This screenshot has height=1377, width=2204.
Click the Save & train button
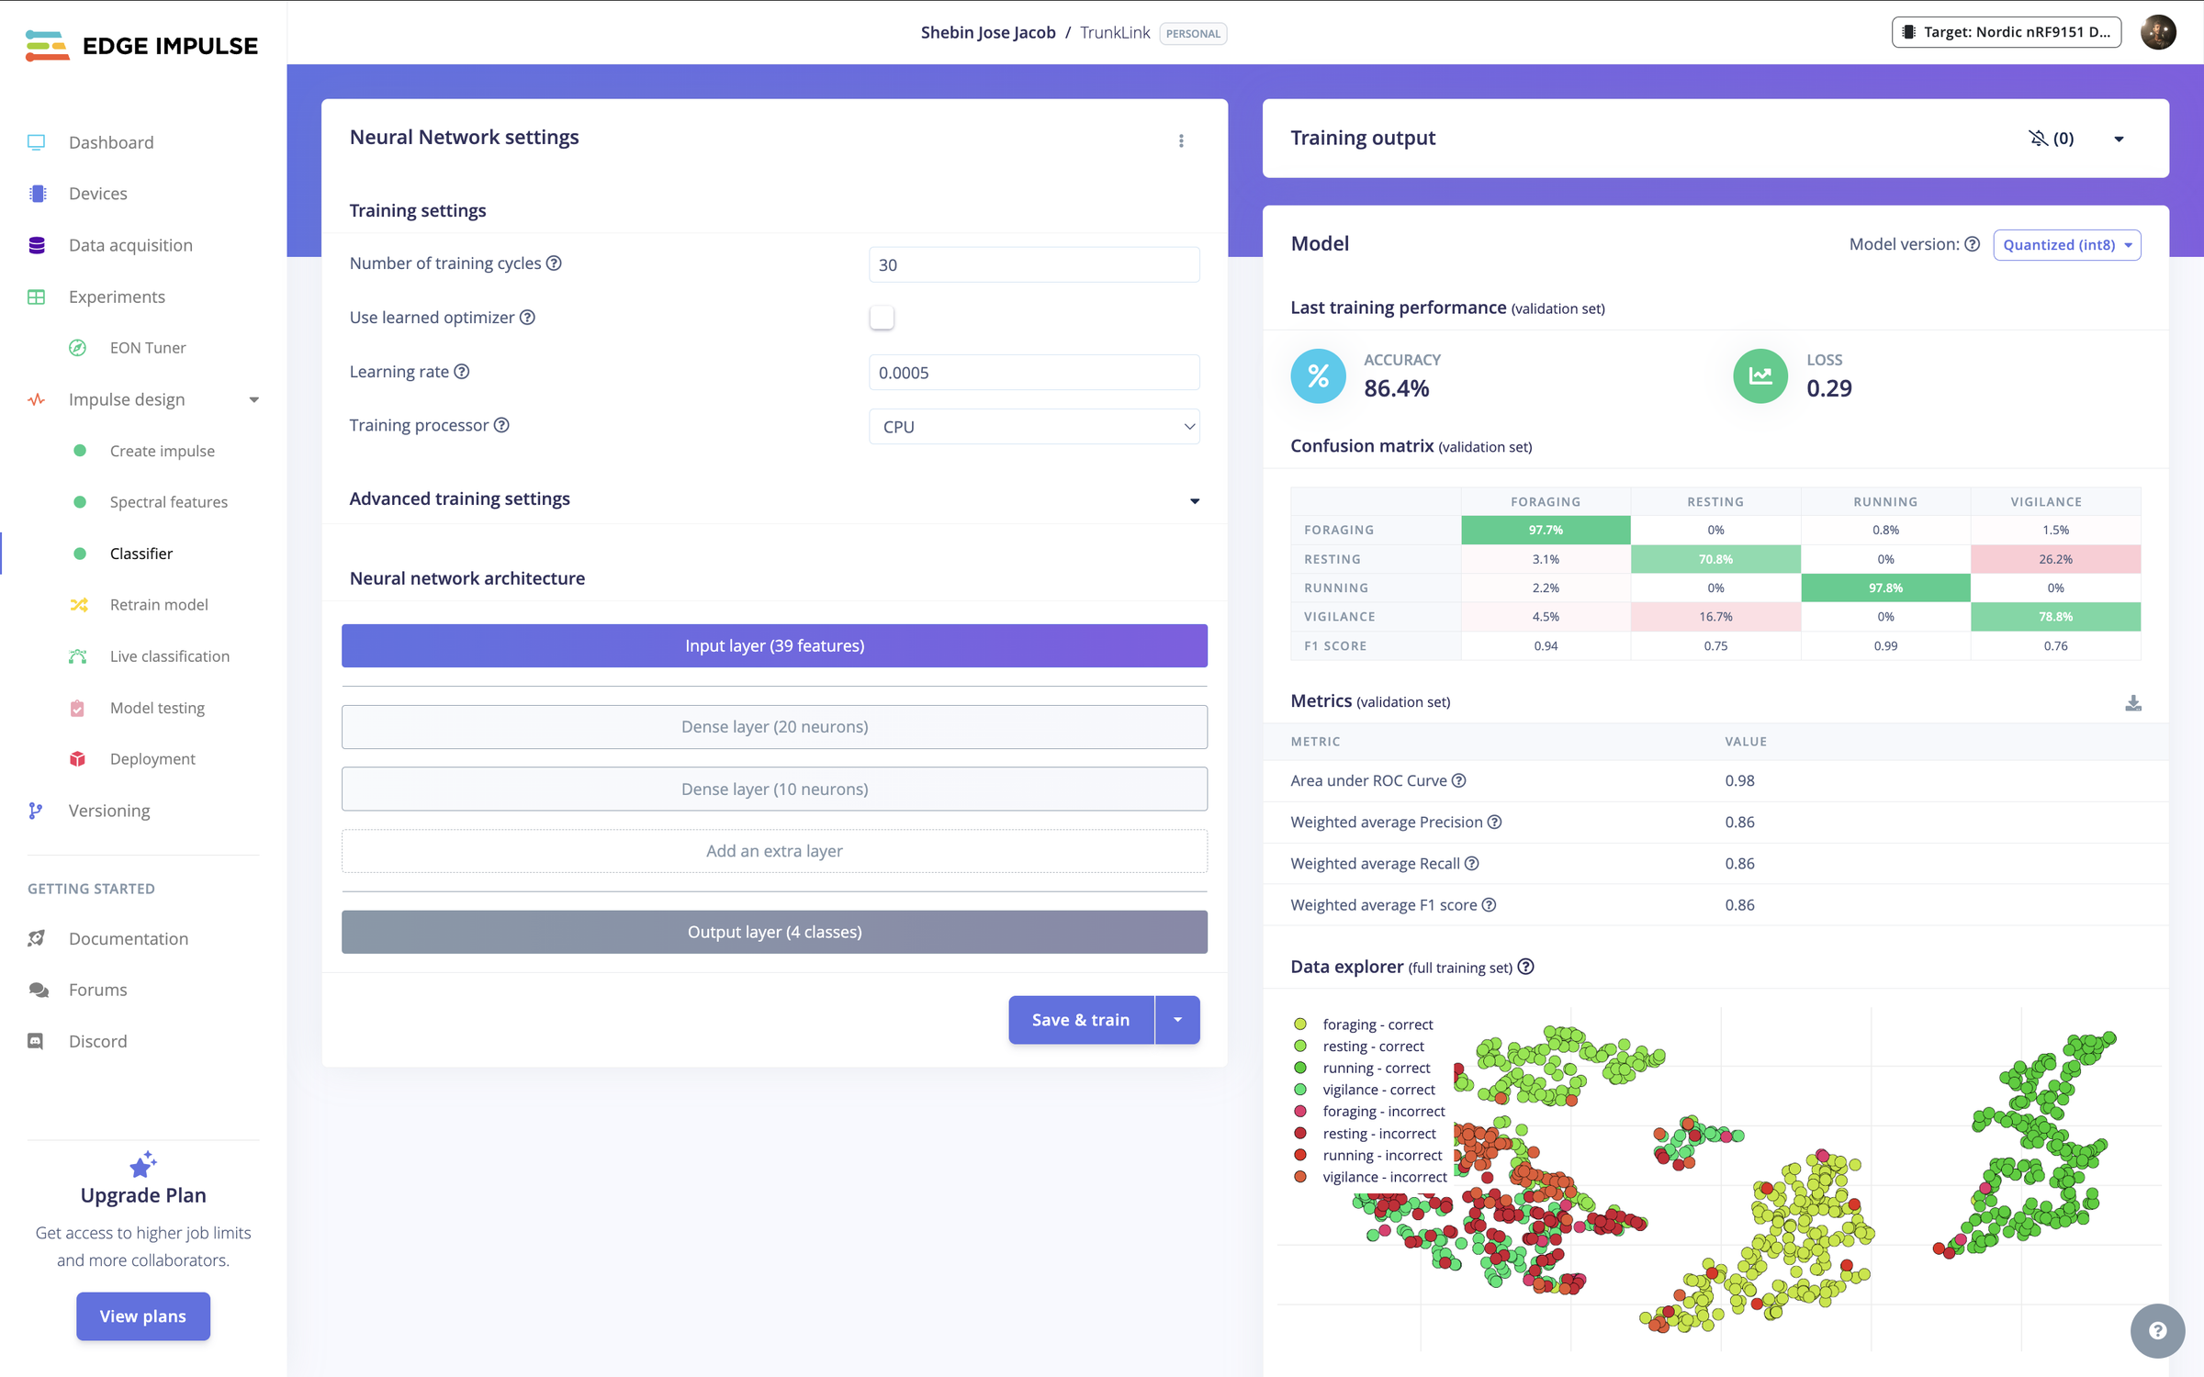click(x=1080, y=1020)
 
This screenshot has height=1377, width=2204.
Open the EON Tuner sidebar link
click(x=147, y=348)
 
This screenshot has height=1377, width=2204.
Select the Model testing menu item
click(x=157, y=708)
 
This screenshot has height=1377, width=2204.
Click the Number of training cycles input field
click(x=1034, y=264)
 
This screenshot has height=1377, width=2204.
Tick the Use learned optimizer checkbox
click(x=882, y=318)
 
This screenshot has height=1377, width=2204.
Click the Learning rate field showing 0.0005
click(x=1034, y=373)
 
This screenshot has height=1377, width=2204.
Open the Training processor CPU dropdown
click(x=1034, y=427)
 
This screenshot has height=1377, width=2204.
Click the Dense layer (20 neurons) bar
click(x=774, y=727)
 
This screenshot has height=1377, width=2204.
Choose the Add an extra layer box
click(x=774, y=851)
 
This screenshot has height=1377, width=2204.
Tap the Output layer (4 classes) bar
click(x=774, y=932)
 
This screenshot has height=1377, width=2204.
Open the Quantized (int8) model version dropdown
click(x=2066, y=245)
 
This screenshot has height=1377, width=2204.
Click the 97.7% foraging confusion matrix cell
click(x=1546, y=530)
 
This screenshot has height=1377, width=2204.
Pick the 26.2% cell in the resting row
click(x=2055, y=559)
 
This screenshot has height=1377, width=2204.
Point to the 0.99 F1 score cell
click(x=1885, y=646)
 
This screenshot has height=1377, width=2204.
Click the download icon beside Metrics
click(x=2133, y=703)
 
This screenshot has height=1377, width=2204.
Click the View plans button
click(x=143, y=1316)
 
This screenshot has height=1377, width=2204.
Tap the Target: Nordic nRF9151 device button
click(x=2007, y=32)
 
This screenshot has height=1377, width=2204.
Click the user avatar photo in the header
click(x=2158, y=32)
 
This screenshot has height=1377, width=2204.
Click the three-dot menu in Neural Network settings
click(x=1181, y=140)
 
